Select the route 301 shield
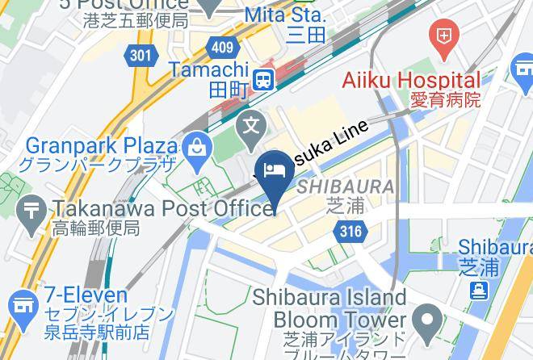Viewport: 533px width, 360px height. [x=140, y=55]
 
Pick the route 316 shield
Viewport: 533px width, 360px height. [x=349, y=232]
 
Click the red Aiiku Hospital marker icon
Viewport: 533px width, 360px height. [x=443, y=36]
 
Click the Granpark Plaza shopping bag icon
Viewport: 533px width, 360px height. [x=196, y=147]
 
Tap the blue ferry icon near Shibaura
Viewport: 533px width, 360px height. [x=480, y=290]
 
